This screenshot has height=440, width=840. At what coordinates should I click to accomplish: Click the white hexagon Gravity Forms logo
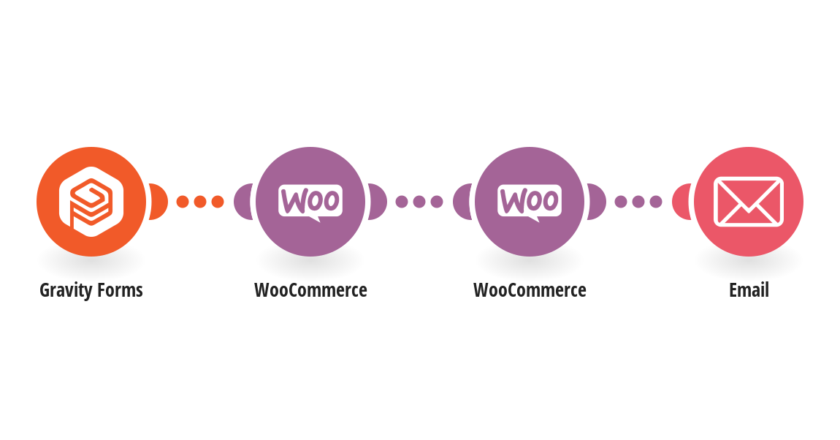(91, 202)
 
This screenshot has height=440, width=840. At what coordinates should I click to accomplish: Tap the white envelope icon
(749, 202)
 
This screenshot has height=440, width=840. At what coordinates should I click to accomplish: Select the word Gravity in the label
(66, 290)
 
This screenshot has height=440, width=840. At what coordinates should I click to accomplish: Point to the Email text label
(749, 290)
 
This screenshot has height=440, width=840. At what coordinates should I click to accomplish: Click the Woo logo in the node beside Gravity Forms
(310, 203)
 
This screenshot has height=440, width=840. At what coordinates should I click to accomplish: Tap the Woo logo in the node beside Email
(530, 203)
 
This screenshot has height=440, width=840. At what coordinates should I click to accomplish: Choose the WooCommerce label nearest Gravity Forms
(310, 290)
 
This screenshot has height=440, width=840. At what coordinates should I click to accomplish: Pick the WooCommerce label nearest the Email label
(530, 290)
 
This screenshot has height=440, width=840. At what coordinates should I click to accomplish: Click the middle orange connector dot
(200, 202)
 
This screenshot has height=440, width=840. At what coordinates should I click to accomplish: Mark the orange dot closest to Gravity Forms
(183, 202)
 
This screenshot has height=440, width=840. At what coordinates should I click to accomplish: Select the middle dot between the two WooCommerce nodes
(419, 202)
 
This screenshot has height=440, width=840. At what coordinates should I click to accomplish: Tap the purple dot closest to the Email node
(656, 202)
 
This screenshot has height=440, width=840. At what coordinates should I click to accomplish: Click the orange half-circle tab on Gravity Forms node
(159, 202)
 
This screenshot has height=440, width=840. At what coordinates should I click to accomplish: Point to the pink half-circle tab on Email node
(681, 202)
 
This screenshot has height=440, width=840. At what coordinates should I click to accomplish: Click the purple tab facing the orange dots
(243, 202)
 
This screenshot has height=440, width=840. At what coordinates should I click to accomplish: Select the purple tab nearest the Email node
(597, 202)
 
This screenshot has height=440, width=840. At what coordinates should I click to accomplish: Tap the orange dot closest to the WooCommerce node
(218, 202)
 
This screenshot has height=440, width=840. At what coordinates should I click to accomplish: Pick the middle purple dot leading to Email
(638, 202)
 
